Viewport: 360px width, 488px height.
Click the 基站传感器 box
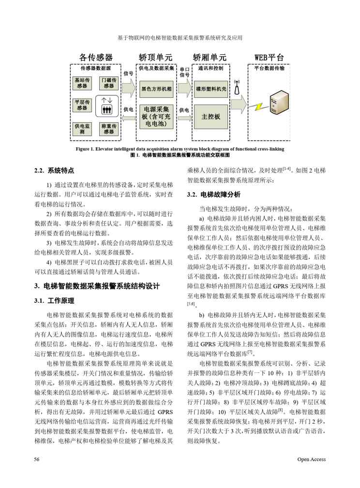coord(82,83)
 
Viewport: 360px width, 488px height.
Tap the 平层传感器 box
coord(82,105)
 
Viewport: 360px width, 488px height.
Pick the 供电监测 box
coord(82,129)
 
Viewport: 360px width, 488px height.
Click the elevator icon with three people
coord(107,106)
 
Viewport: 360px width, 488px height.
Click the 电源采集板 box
coord(156,117)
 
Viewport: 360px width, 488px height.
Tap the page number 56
coord(37,459)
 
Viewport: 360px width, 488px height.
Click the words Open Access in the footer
coord(312,459)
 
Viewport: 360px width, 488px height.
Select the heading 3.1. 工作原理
coord(54,301)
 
